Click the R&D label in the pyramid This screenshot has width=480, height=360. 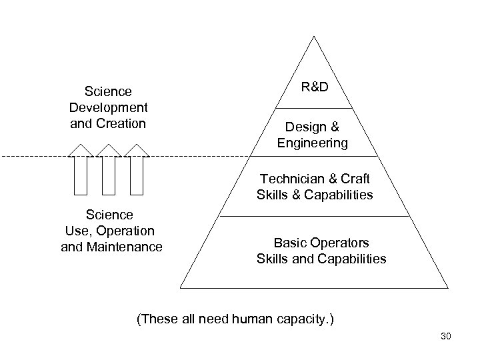313,88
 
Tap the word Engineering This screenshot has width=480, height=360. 313,142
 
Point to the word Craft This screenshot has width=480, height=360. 354,179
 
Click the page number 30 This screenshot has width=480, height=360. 446,337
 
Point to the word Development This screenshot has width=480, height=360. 108,107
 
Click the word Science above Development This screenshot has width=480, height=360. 108,91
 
